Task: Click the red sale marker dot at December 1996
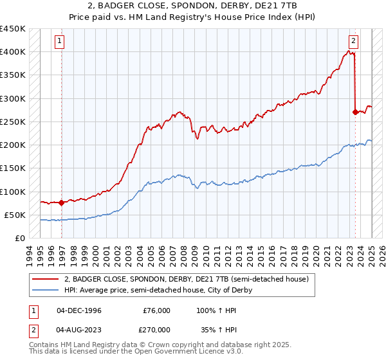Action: pyautogui.click(x=61, y=203)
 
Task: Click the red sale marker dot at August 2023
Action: pyautogui.click(x=355, y=112)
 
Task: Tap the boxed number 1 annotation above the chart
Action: pyautogui.click(x=59, y=41)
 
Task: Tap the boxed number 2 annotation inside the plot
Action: pyautogui.click(x=353, y=41)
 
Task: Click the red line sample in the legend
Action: pyautogui.click(x=45, y=280)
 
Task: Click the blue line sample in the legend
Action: pyautogui.click(x=45, y=290)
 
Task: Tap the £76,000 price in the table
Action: pyautogui.click(x=156, y=310)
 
